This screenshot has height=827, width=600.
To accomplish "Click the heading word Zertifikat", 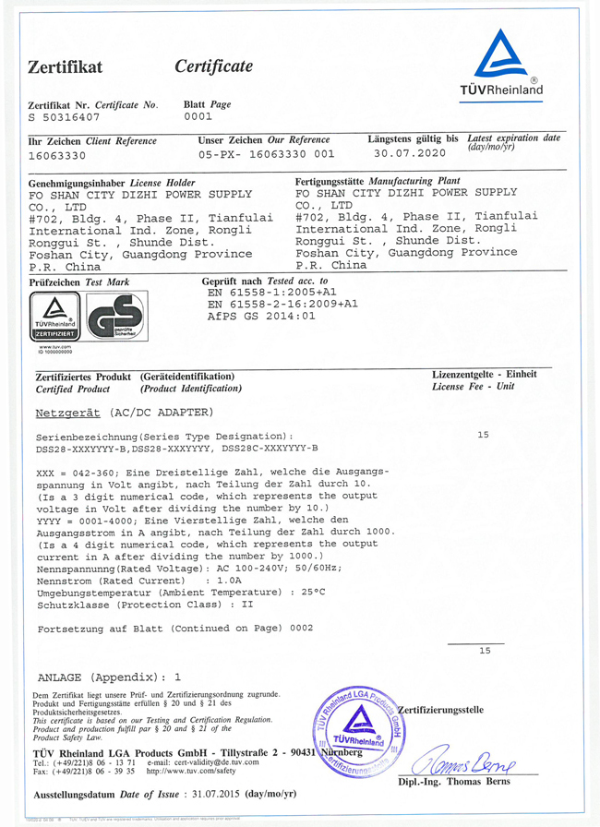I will (65, 67).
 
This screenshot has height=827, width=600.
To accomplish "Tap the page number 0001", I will (198, 117).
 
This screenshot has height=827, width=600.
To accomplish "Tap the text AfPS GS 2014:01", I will (261, 316).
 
